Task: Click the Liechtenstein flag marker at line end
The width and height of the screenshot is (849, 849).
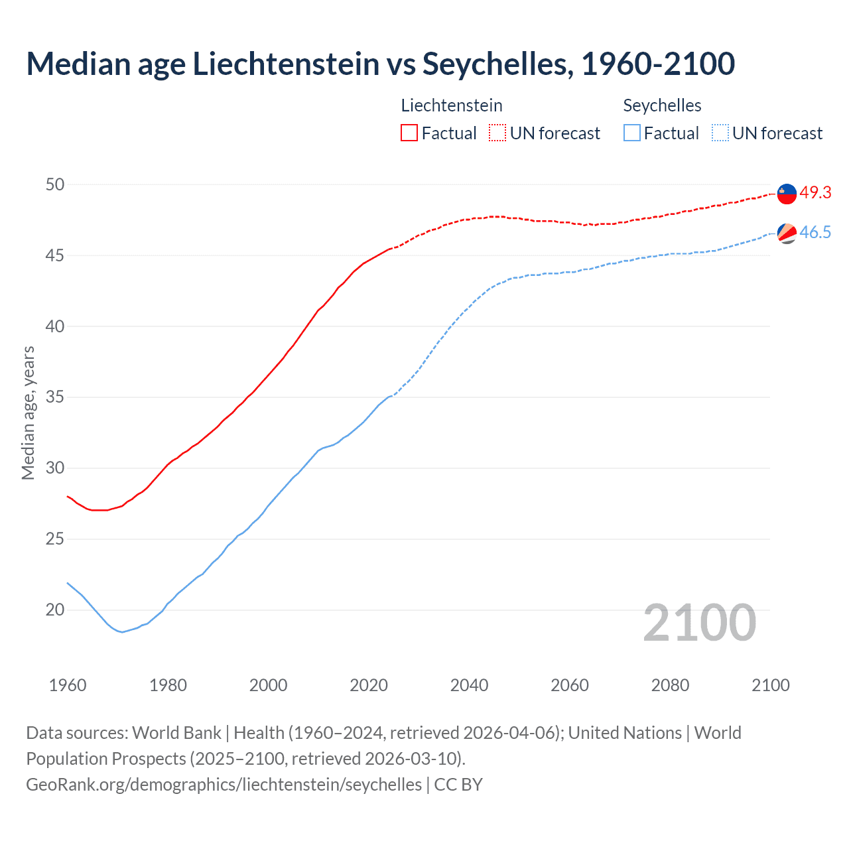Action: [787, 194]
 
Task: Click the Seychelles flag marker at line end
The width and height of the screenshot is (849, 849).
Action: [787, 233]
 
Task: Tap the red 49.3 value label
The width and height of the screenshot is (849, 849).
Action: [815, 192]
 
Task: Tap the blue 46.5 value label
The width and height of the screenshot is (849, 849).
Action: [815, 232]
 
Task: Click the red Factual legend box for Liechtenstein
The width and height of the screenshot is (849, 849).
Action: [409, 133]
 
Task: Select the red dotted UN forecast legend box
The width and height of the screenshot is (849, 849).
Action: [497, 133]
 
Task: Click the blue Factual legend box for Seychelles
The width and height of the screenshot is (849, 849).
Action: [632, 133]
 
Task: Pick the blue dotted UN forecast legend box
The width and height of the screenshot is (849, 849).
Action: [720, 133]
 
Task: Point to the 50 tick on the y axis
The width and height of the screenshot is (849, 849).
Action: [55, 184]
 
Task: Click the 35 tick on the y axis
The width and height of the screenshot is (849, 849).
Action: [55, 397]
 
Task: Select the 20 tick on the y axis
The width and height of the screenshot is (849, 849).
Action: [55, 610]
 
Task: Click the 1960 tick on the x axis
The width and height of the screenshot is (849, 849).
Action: [68, 685]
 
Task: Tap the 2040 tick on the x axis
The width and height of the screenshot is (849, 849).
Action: [469, 685]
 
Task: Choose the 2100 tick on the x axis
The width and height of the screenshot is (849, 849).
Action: [770, 685]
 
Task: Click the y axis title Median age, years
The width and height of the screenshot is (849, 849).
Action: [28, 413]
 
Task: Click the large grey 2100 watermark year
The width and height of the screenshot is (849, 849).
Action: [699, 623]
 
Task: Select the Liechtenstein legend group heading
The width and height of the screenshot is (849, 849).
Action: [452, 105]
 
